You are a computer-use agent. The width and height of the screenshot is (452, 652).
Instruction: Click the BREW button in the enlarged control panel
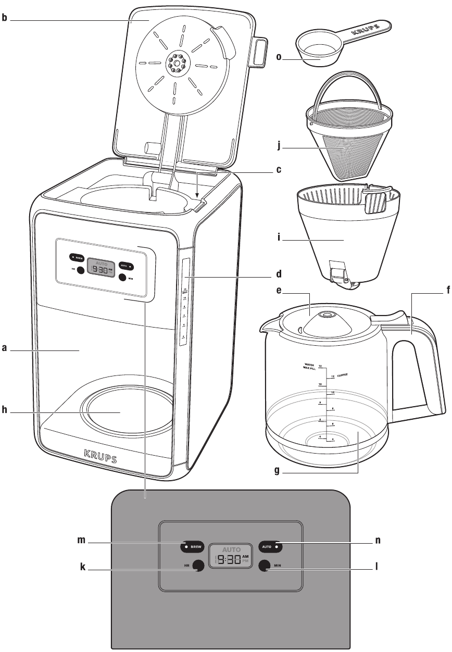(193, 547)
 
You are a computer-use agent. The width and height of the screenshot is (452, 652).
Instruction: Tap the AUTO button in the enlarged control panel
(270, 547)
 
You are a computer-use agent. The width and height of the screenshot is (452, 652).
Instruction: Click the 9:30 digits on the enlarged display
(229, 560)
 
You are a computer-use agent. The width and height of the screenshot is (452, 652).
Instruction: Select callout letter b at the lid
(4, 20)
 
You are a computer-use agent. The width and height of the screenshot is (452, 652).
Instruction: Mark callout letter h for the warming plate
(4, 411)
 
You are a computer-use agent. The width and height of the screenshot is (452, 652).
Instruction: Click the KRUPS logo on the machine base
(100, 457)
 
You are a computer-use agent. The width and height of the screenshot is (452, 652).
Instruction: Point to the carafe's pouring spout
(266, 325)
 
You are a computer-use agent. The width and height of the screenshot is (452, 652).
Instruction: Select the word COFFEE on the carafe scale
(342, 375)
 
